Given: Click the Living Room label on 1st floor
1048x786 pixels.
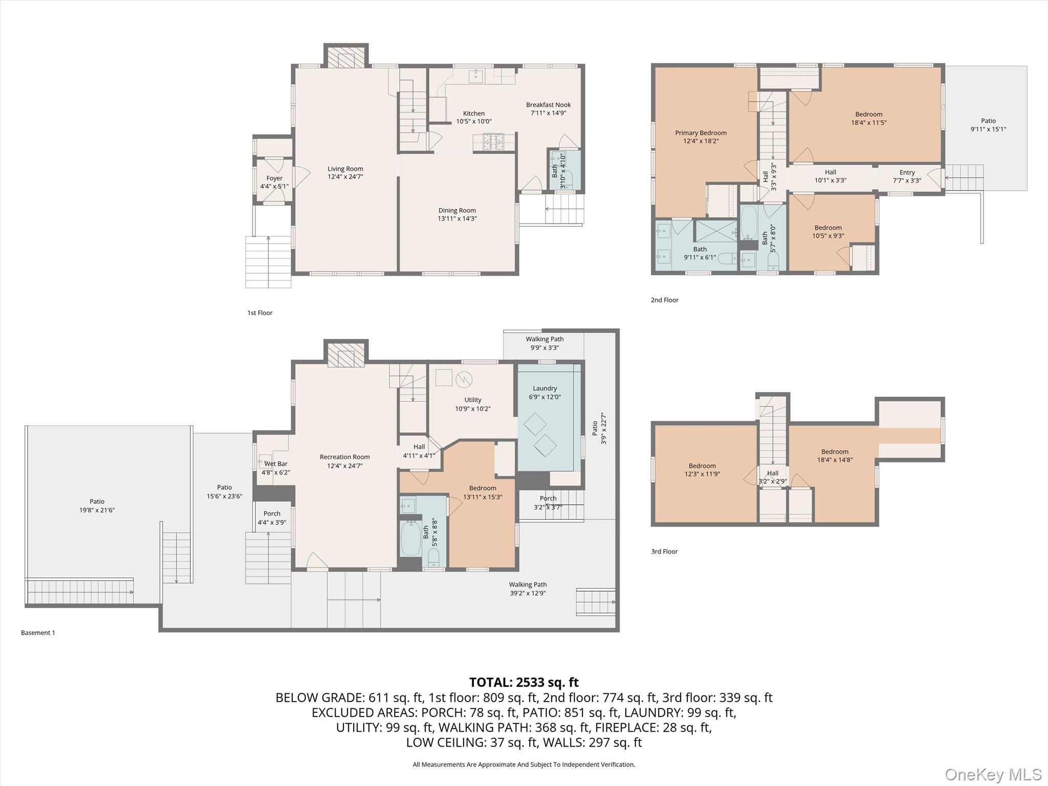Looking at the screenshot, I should point(345,169).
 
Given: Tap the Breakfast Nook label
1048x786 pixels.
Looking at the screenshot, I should point(548,105).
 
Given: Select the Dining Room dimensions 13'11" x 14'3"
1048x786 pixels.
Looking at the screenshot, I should point(457,219).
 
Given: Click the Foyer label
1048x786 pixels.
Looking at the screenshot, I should point(274,178).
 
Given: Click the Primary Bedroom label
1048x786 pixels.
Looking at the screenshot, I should point(701,133).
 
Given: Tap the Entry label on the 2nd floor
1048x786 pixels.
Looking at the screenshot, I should point(907,172).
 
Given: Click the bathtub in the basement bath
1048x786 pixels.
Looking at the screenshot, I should point(410,538).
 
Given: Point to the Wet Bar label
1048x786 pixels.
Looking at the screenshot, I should point(275,464).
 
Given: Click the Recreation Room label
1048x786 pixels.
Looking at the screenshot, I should point(344,457).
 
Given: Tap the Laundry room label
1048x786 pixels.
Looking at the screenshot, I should point(544,388).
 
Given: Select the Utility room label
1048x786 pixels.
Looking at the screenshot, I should point(472,400).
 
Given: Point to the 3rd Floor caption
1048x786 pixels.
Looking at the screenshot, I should point(664,551).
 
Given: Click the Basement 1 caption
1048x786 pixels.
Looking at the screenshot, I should point(38,632).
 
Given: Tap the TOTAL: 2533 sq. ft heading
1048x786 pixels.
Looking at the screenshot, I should point(523,682).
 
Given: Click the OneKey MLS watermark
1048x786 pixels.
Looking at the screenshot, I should point(993,774).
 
